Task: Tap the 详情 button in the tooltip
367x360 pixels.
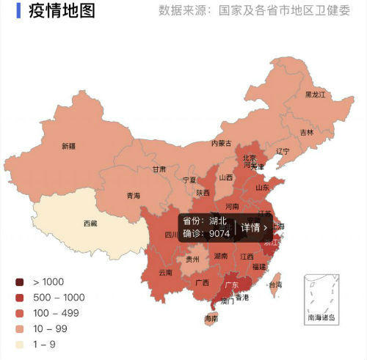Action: tap(254, 227)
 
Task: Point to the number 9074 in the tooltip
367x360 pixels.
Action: tap(219, 234)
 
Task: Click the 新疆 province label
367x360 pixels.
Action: tap(68, 145)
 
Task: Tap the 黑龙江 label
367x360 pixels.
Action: tap(315, 95)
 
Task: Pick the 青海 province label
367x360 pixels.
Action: tap(133, 196)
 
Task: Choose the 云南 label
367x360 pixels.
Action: tap(164, 272)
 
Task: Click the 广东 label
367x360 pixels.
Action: tap(230, 284)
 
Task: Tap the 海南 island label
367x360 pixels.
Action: tap(211, 319)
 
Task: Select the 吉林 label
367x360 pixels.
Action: tap(306, 133)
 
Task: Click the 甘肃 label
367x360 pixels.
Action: tap(159, 169)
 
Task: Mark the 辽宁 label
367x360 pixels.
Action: tap(283, 152)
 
